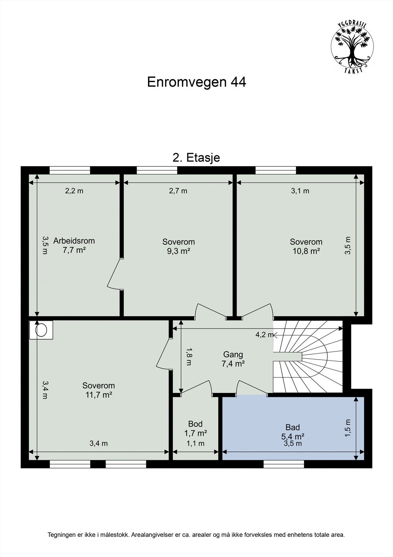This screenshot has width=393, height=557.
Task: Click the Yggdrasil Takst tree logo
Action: click(x=352, y=47)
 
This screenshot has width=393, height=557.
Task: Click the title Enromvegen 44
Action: click(x=196, y=82)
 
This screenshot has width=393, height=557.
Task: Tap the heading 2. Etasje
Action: click(x=196, y=158)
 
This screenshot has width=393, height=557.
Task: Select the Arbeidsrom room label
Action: click(x=74, y=241)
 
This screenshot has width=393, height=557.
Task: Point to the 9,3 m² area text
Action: click(x=178, y=251)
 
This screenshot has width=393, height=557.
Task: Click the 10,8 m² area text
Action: click(x=306, y=251)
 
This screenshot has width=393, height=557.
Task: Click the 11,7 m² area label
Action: click(x=98, y=395)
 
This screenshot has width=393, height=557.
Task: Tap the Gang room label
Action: click(x=233, y=354)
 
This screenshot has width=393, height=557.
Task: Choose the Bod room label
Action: click(x=195, y=424)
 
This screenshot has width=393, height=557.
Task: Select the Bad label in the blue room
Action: click(x=293, y=427)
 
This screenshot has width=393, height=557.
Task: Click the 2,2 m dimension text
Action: click(x=74, y=191)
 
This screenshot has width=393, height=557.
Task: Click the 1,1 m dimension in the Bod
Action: click(x=195, y=444)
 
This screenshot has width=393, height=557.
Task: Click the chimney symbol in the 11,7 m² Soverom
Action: click(x=41, y=330)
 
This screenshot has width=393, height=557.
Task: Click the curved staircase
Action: click(x=309, y=357)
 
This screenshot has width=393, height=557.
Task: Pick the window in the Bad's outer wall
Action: click(x=284, y=464)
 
